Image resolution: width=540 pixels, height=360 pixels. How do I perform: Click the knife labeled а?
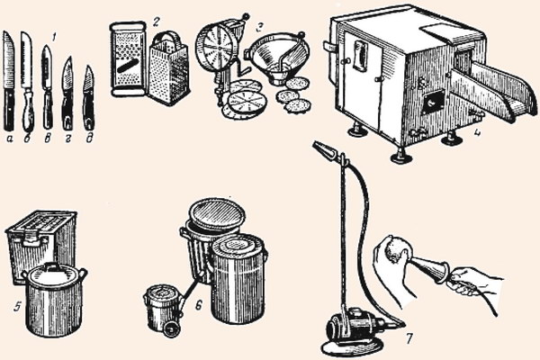coord(9,81)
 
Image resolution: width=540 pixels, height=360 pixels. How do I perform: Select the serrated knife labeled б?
coord(27,82)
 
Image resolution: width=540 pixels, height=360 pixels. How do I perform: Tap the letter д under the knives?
coord(89,139)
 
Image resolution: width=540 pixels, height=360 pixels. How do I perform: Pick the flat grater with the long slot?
coord(128,58)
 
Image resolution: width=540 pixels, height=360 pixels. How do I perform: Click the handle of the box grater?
coord(169,37)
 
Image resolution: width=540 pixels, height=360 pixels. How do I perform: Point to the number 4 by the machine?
coord(477,132)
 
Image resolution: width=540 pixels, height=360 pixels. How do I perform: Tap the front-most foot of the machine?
coord(400,156)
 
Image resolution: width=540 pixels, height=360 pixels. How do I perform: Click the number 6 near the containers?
coord(199,304)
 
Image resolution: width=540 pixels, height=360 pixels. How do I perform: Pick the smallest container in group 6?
coord(163,310)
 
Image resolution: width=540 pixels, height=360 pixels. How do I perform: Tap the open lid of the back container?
coord(219,212)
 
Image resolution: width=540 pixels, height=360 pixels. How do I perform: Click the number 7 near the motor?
coord(409,339)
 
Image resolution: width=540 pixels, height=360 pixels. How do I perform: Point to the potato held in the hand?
coord(395,250)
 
